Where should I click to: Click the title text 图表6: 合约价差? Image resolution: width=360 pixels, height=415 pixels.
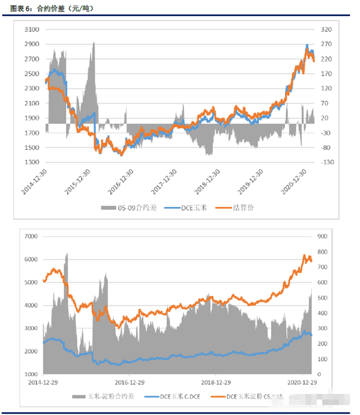[51, 8]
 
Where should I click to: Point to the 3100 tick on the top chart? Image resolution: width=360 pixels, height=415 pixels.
[31, 29]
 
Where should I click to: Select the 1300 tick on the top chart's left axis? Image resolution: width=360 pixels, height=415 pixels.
[31, 163]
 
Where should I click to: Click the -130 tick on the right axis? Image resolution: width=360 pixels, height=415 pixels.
[328, 163]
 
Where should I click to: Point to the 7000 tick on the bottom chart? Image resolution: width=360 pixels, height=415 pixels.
[31, 237]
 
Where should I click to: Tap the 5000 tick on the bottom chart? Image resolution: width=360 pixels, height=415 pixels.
[31, 282]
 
